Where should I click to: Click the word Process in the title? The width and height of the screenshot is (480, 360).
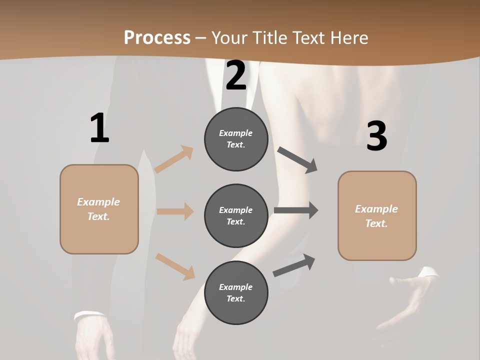pyautogui.click(x=157, y=38)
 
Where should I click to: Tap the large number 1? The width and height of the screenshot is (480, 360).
pyautogui.click(x=99, y=128)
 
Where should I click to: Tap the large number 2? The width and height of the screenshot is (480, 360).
pyautogui.click(x=236, y=75)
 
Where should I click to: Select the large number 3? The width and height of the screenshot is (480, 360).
pyautogui.click(x=376, y=136)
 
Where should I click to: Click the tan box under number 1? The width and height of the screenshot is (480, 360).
pyautogui.click(x=99, y=209)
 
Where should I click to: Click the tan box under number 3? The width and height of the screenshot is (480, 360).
pyautogui.click(x=377, y=216)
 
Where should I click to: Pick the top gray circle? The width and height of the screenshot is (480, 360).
pyautogui.click(x=236, y=139)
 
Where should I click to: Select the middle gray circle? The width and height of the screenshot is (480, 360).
pyautogui.click(x=236, y=216)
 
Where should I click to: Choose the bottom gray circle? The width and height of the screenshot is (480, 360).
pyautogui.click(x=236, y=293)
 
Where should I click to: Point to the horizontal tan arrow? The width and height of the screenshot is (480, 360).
pyautogui.click(x=175, y=211)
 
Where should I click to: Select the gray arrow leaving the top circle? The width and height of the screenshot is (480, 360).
pyautogui.click(x=297, y=159)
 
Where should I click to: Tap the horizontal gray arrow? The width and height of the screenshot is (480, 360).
pyautogui.click(x=295, y=210)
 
